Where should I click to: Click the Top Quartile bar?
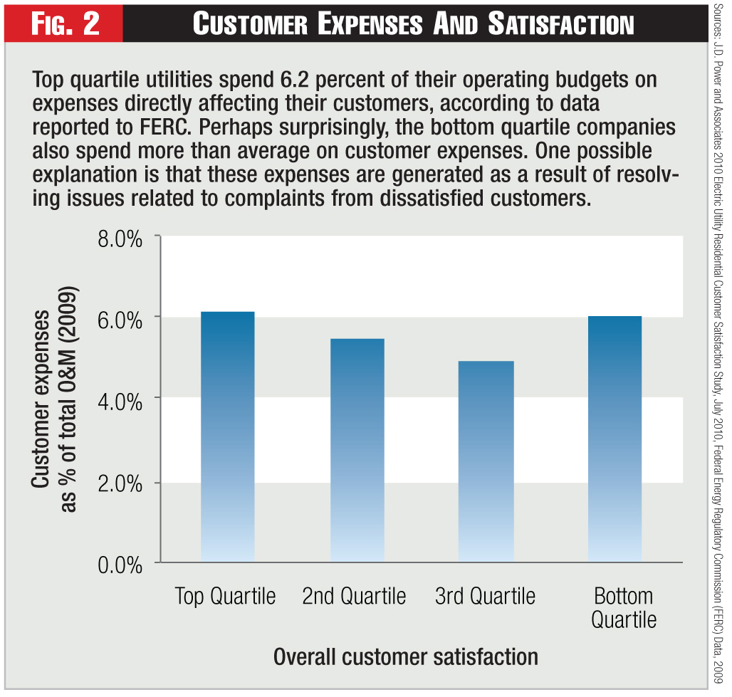227,437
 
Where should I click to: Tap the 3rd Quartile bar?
486,462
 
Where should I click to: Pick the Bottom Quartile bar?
615,439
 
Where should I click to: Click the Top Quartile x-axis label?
225,596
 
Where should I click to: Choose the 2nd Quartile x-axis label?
354,596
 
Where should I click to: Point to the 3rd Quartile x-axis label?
485,596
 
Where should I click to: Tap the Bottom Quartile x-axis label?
623,607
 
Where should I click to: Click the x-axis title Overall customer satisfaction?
405,656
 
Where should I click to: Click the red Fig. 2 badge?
66,24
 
